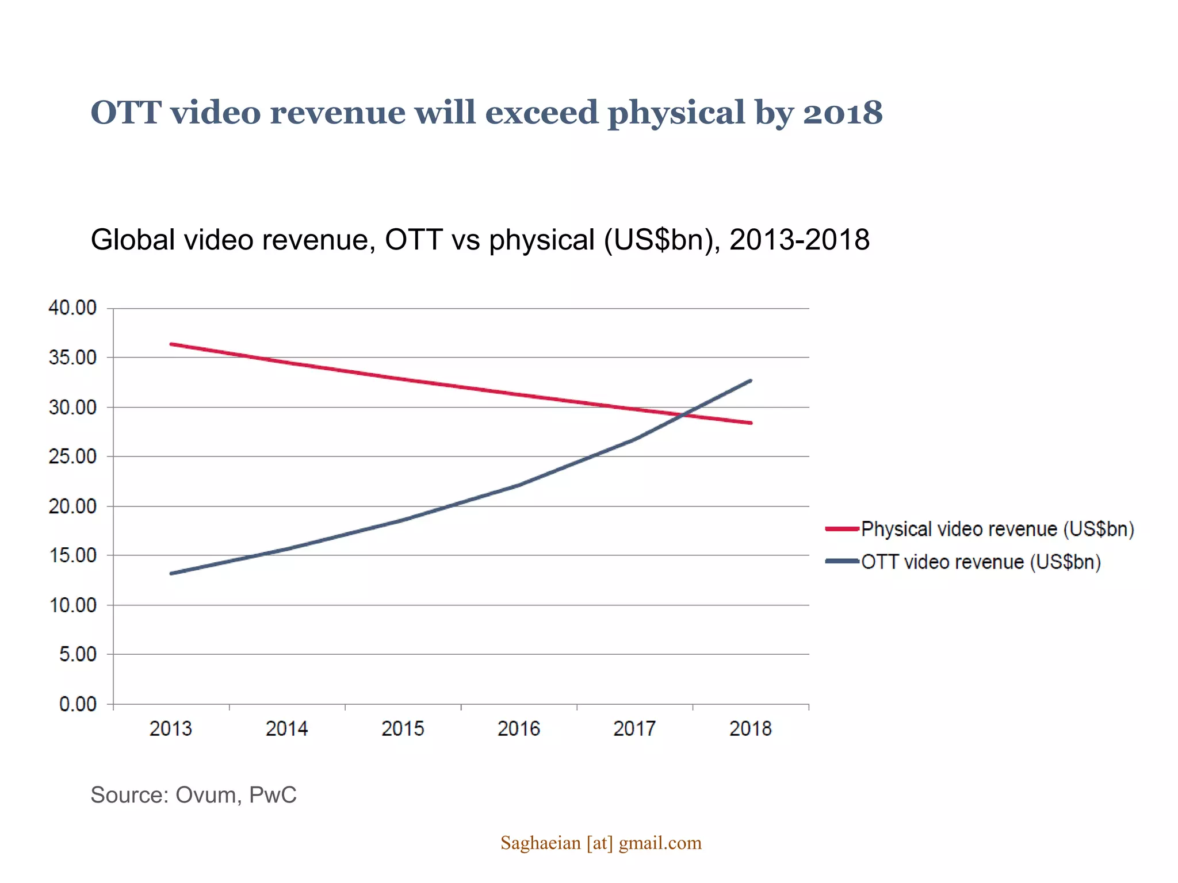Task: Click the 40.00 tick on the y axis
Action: (x=72, y=308)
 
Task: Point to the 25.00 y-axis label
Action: (x=72, y=457)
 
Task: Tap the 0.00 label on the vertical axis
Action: (x=78, y=704)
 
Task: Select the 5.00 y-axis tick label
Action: (x=78, y=655)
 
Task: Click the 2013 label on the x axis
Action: (x=170, y=729)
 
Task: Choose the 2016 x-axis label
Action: (x=518, y=729)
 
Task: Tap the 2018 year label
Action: (x=750, y=729)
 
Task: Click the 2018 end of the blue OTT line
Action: (x=751, y=381)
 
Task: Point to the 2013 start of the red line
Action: (x=171, y=344)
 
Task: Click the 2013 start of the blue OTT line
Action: (x=171, y=573)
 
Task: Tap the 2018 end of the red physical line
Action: (x=751, y=423)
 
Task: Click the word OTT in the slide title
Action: (x=125, y=113)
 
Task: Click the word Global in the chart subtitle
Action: (x=132, y=240)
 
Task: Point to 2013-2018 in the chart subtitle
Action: (x=799, y=240)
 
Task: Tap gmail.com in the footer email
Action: (x=660, y=843)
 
